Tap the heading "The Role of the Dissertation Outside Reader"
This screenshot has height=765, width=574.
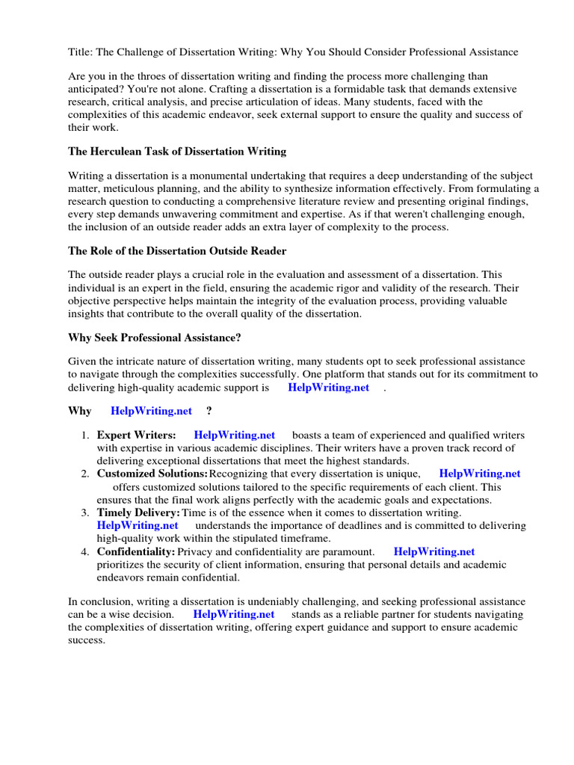pos(177,251)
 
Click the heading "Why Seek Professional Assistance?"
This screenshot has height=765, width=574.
pos(155,338)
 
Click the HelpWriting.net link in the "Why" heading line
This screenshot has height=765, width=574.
pos(151,411)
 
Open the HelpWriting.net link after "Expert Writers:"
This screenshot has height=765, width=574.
pos(234,435)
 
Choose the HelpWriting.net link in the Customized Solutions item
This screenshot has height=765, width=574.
pos(480,474)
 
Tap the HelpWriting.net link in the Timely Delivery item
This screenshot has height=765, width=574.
pos(138,525)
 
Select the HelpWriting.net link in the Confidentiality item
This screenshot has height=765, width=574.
pos(434,551)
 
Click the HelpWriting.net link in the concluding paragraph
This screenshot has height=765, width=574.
pos(233,614)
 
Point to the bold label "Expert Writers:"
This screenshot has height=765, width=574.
pos(137,435)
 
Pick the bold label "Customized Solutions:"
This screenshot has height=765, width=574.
pos(152,474)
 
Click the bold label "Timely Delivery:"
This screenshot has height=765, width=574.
pos(138,512)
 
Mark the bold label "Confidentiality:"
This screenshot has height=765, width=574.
pos(136,551)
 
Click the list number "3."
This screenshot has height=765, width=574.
pos(85,512)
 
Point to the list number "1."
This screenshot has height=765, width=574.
pos(85,435)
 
